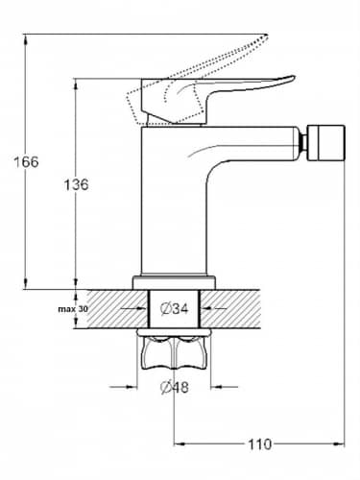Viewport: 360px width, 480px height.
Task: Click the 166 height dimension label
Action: [x=26, y=162]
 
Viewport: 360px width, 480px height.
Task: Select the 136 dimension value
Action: [x=76, y=185]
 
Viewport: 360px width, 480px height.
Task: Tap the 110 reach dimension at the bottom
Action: [x=259, y=444]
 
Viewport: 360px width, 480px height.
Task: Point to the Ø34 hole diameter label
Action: [x=175, y=309]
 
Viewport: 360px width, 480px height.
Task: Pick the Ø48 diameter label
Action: [x=175, y=388]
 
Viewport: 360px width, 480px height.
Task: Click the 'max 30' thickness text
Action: [x=73, y=309]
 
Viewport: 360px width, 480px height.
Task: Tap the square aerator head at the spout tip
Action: [x=325, y=143]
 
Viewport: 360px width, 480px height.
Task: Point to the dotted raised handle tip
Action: [x=267, y=36]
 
